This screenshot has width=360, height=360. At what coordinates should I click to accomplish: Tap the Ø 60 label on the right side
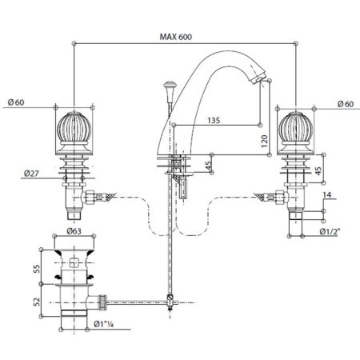pyautogui.click(x=346, y=104)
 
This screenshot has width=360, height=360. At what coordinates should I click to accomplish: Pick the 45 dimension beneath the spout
pyautogui.click(x=210, y=166)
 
